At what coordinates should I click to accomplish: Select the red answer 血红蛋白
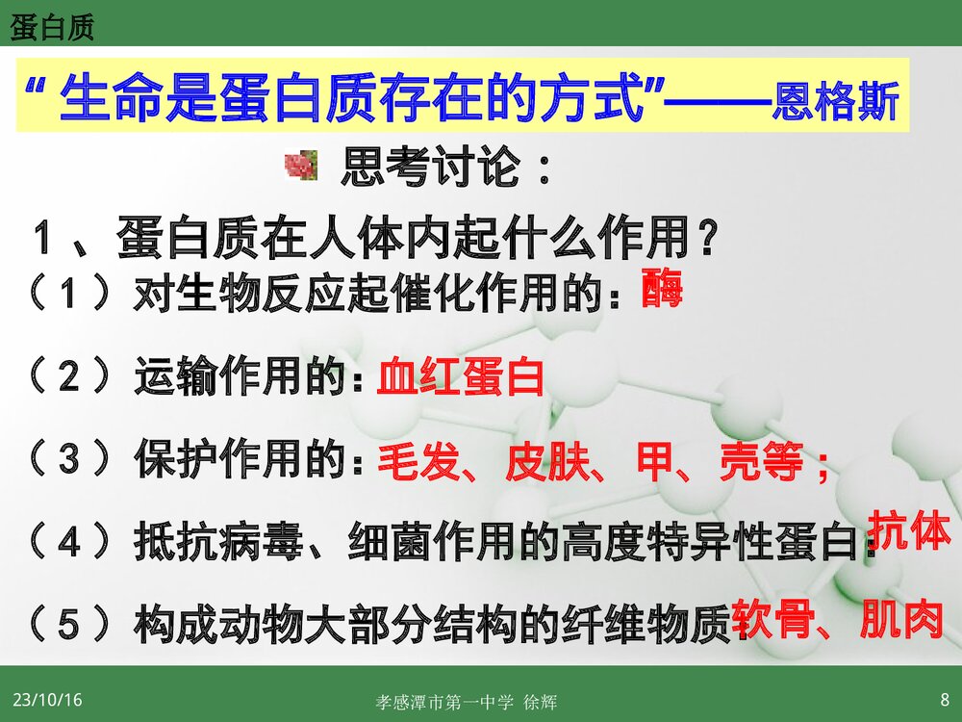click(460, 377)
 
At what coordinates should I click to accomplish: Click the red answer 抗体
click(909, 530)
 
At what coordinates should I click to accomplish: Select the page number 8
click(944, 699)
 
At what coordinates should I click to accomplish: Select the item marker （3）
click(68, 459)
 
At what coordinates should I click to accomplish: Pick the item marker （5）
click(68, 624)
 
